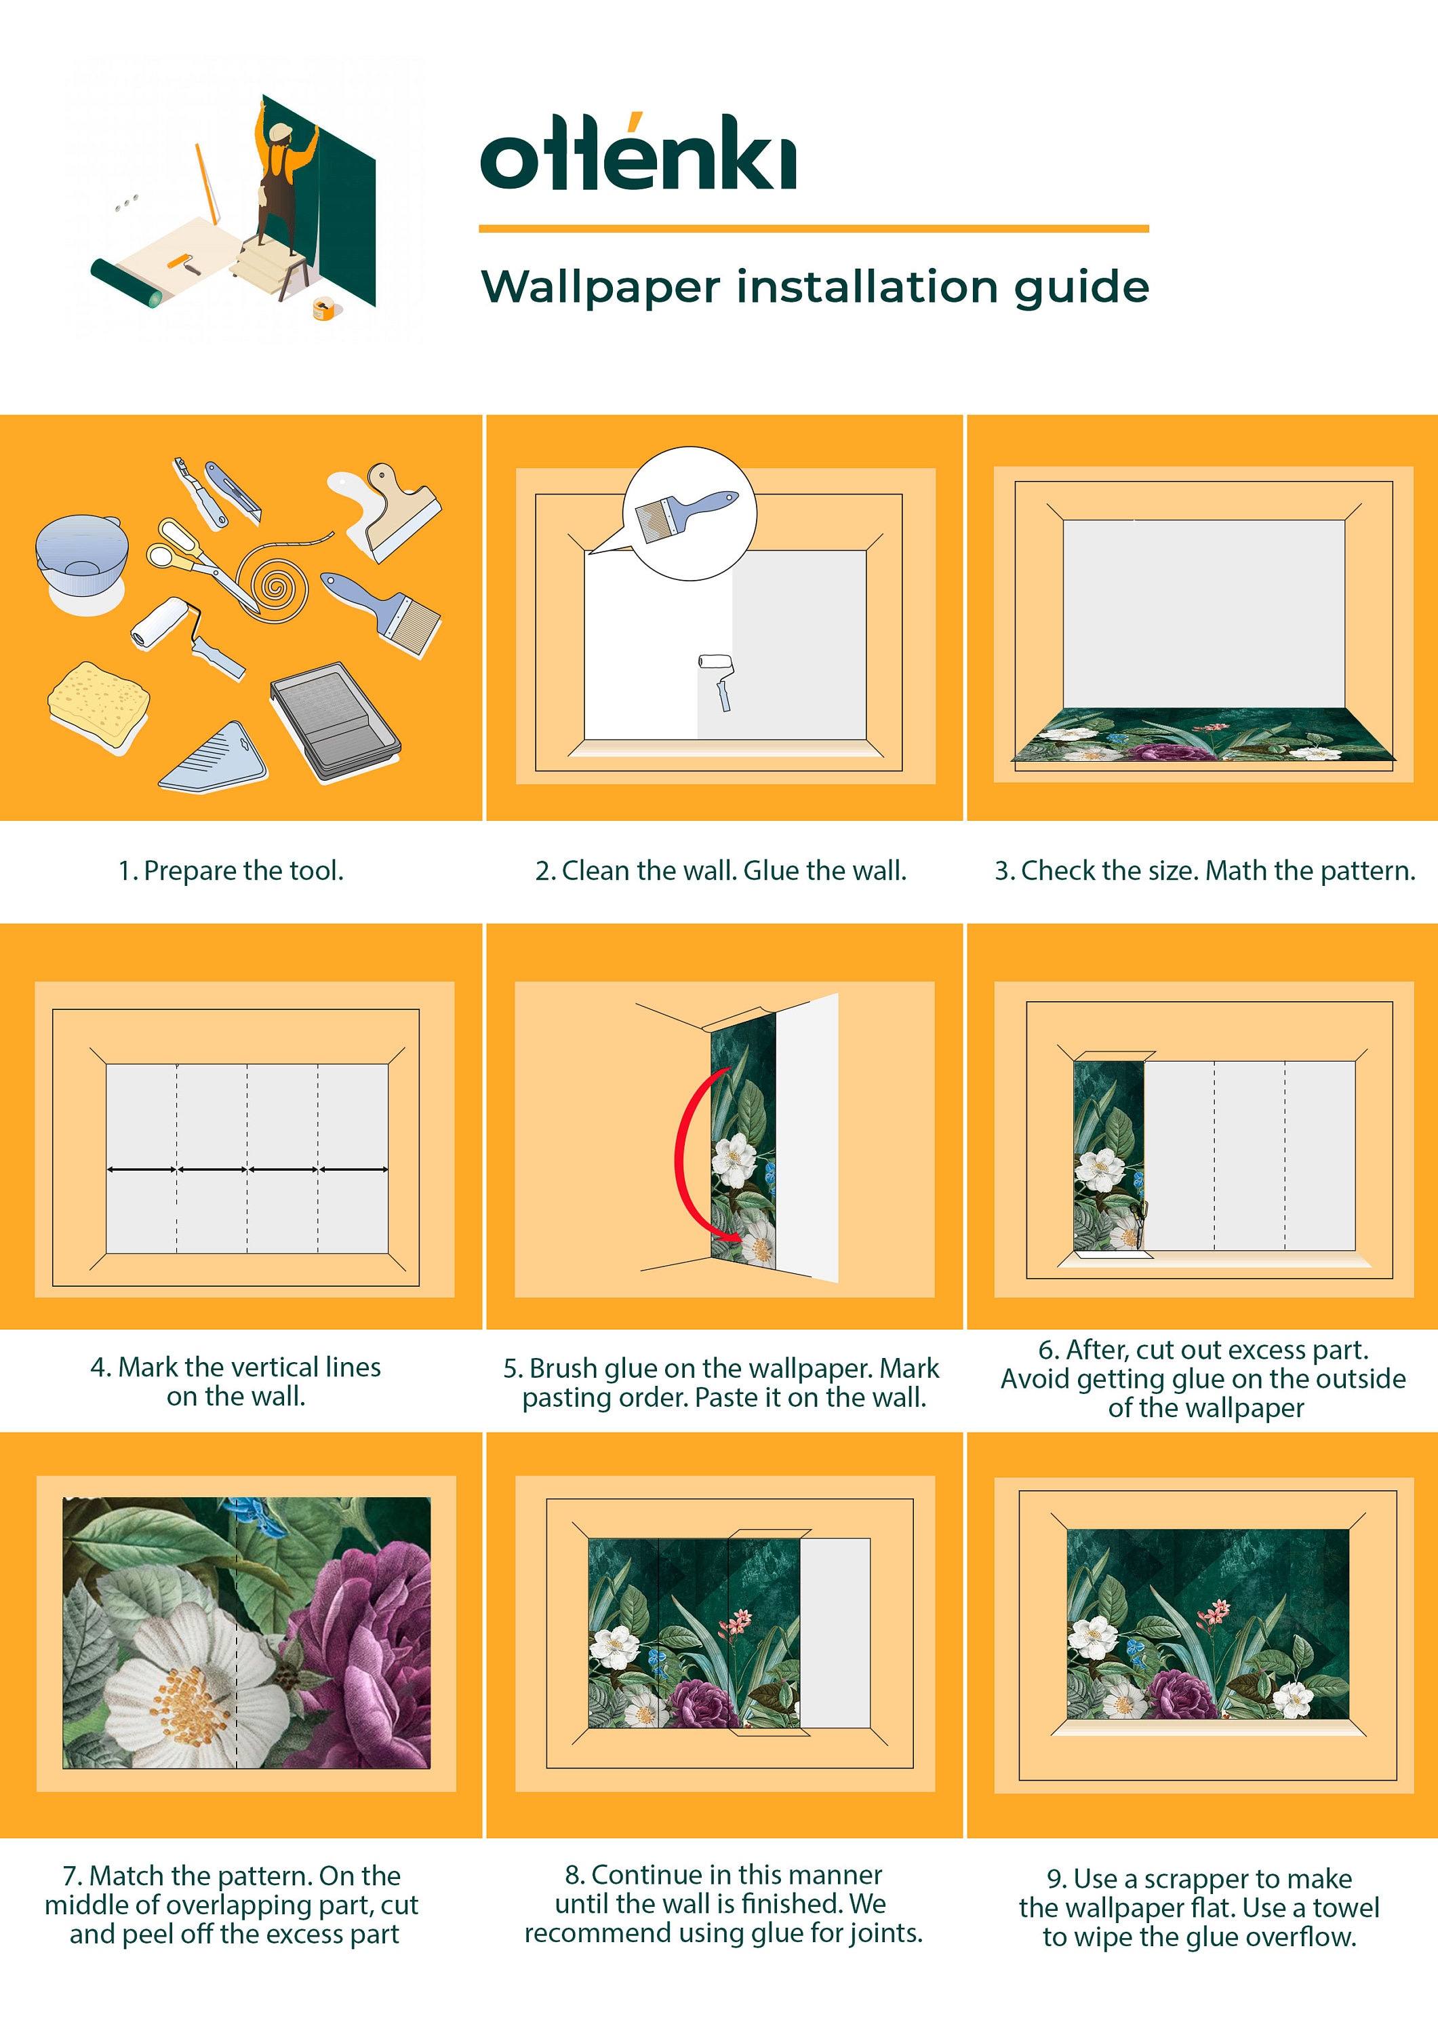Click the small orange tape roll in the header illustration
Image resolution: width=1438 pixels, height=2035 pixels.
click(x=323, y=309)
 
